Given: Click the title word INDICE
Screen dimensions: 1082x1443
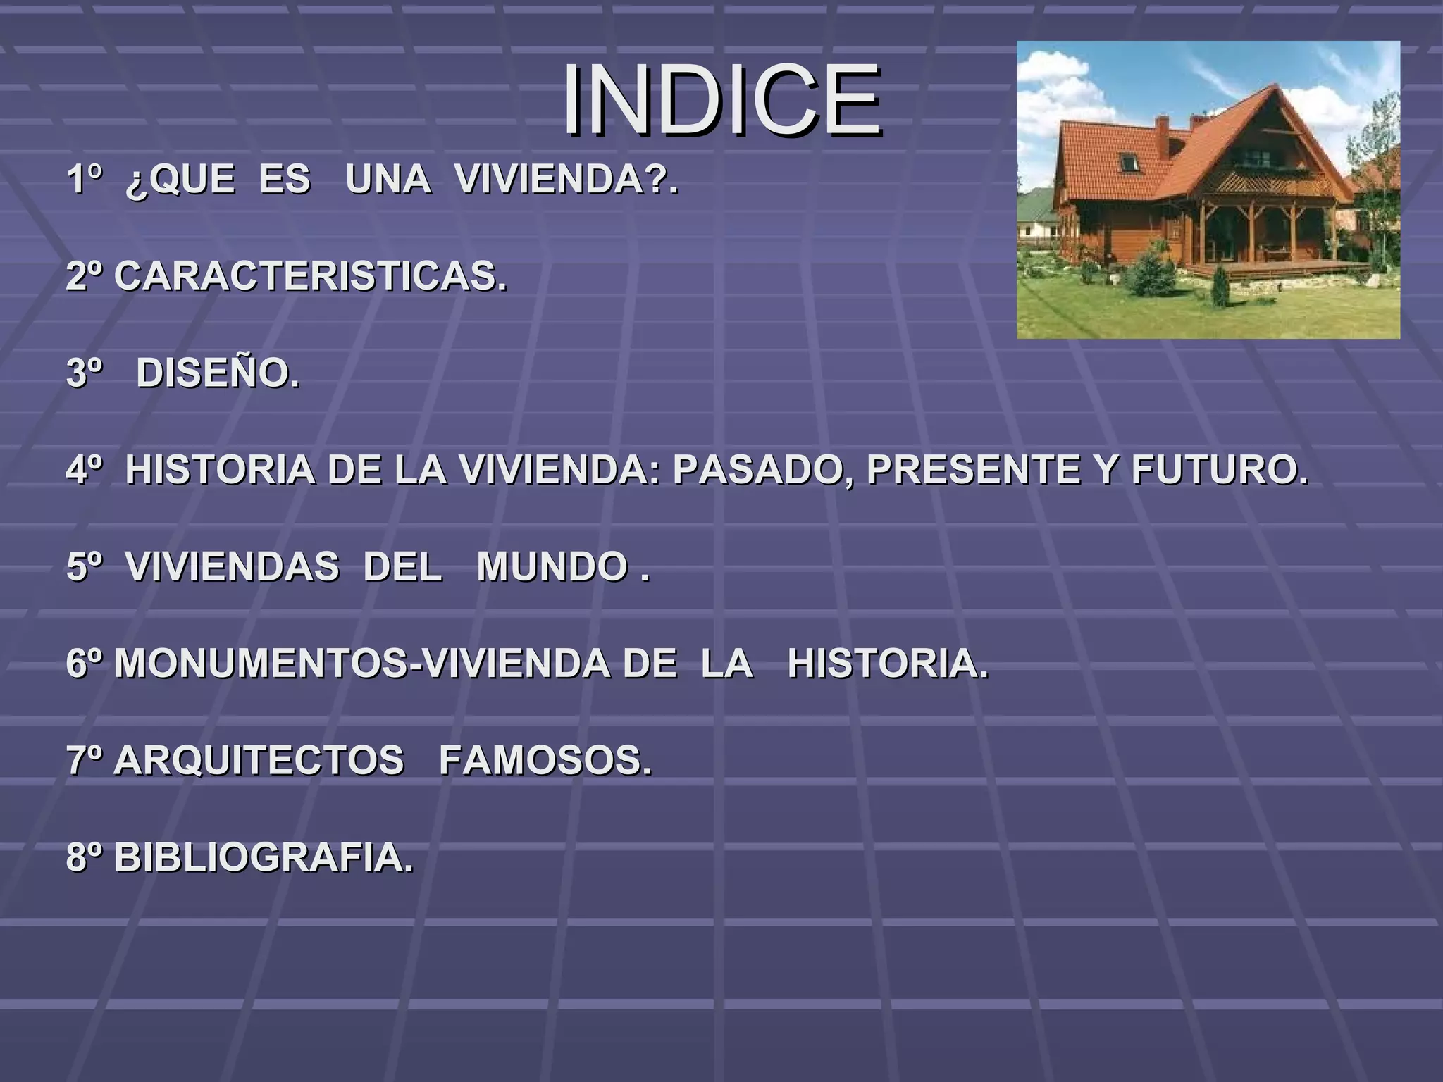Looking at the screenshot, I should [721, 100].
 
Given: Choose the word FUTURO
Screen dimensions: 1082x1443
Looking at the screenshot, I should [1218, 470].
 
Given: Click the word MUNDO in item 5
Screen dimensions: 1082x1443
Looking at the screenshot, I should [552, 567].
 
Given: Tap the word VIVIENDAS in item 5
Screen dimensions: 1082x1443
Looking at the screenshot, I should [233, 567].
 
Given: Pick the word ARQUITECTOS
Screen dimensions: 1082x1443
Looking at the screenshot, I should [259, 761].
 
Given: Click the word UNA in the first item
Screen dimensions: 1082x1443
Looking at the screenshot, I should [388, 179].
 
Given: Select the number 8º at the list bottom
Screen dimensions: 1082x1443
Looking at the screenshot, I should [85, 858].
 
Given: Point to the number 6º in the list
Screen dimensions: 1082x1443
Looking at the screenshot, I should [85, 664].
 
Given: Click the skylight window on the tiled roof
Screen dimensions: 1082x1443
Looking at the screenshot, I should [1129, 163].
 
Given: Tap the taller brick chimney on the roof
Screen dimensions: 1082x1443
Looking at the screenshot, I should [1162, 132].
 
